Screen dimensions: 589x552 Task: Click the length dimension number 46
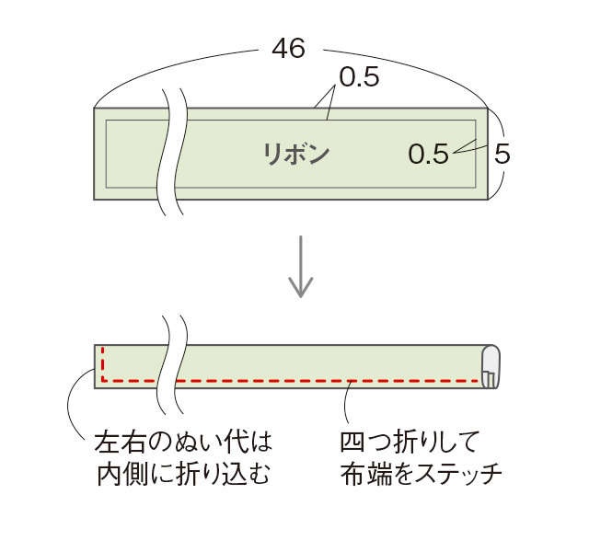pyautogui.click(x=288, y=49)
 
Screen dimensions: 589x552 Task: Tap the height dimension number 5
pyautogui.click(x=502, y=154)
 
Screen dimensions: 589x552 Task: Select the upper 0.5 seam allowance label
pyautogui.click(x=359, y=77)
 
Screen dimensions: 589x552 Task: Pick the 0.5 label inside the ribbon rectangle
pyautogui.click(x=428, y=154)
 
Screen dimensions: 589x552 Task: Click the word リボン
pyautogui.click(x=295, y=155)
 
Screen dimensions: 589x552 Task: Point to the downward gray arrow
pyautogui.click(x=301, y=267)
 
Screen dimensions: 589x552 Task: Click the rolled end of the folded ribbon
pyautogui.click(x=491, y=366)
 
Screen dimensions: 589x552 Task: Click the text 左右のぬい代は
pyautogui.click(x=183, y=442)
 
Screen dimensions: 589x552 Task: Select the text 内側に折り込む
pyautogui.click(x=184, y=475)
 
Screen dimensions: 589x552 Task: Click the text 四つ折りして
pyautogui.click(x=410, y=442)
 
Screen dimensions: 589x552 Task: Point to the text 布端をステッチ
pyautogui.click(x=422, y=475)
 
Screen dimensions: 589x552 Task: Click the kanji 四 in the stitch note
pyautogui.click(x=352, y=442)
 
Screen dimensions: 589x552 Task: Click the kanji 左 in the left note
pyautogui.click(x=106, y=442)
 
